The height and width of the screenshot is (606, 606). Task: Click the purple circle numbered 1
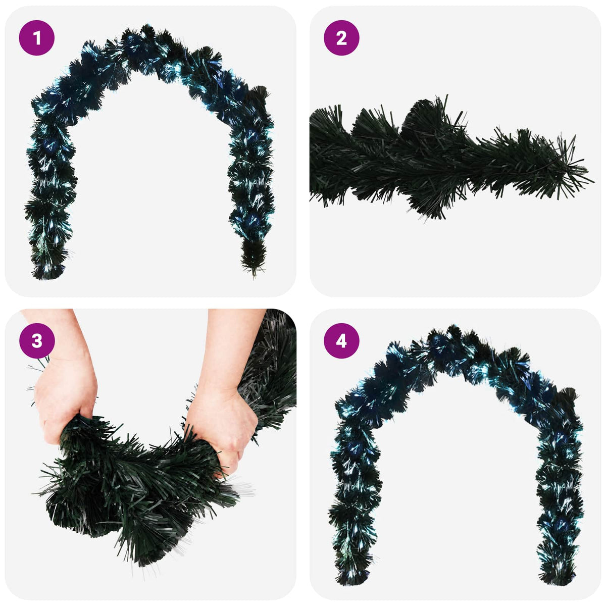click(x=37, y=38)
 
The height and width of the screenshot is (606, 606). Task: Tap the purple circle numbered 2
click(x=341, y=38)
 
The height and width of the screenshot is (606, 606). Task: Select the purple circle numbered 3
click(x=37, y=341)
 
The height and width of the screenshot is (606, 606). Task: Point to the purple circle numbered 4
click(x=341, y=341)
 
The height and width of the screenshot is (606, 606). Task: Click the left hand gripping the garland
click(x=65, y=399)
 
